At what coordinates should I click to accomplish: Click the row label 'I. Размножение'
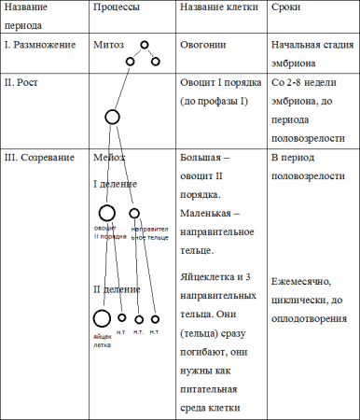[x=41, y=45]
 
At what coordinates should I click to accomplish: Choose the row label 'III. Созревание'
[x=40, y=158]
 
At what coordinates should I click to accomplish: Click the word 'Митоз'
[x=109, y=45]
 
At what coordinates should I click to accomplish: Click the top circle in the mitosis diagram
[x=145, y=45]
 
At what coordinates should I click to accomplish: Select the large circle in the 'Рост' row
[x=112, y=118]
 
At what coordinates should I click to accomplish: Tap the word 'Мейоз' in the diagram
[x=109, y=158]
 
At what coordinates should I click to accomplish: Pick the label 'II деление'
[x=117, y=290]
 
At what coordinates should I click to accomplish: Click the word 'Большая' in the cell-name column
[x=201, y=158]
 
